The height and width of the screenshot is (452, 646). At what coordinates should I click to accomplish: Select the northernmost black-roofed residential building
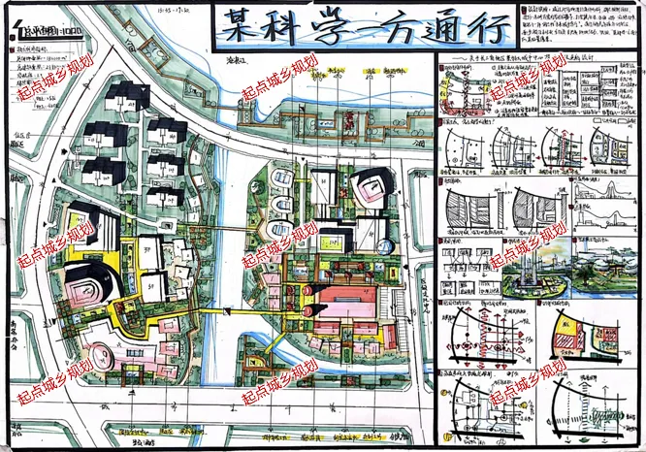point(125,97)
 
